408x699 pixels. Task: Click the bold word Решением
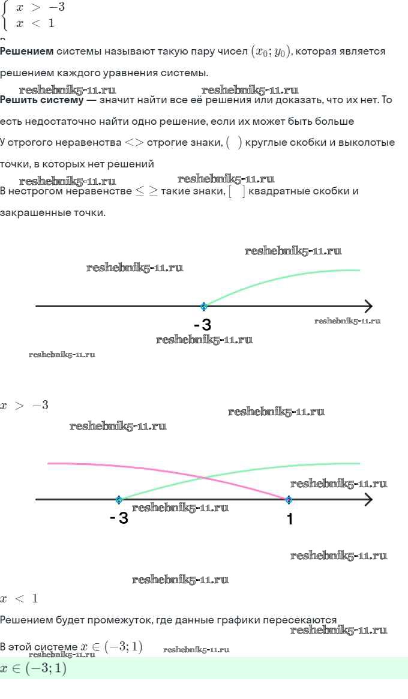pos(26,52)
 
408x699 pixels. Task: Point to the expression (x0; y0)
pos(271,52)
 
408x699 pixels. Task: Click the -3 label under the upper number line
pos(203,325)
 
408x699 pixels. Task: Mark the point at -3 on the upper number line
pos(204,306)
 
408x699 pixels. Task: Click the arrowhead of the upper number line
pos(367,306)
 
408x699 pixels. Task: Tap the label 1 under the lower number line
pos(290,519)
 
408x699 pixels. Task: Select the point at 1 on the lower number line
pos(289,499)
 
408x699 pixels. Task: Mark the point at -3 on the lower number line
pos(119,499)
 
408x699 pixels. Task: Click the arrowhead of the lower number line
pos(367,499)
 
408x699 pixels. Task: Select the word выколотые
pos(365,143)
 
